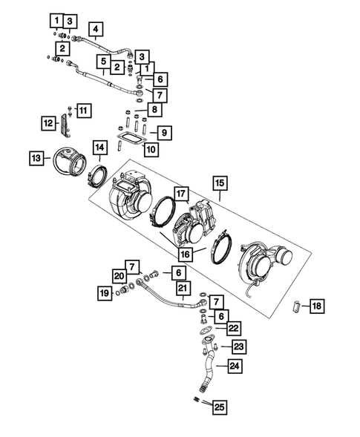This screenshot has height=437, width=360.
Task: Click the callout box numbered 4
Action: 94,30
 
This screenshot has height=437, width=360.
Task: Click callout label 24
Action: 235,365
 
